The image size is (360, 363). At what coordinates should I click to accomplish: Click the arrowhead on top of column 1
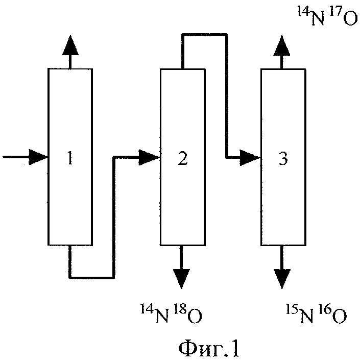(x=70, y=46)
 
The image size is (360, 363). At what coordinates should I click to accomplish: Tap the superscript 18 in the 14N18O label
(x=176, y=308)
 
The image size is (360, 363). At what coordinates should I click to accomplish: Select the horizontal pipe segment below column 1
(x=92, y=277)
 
